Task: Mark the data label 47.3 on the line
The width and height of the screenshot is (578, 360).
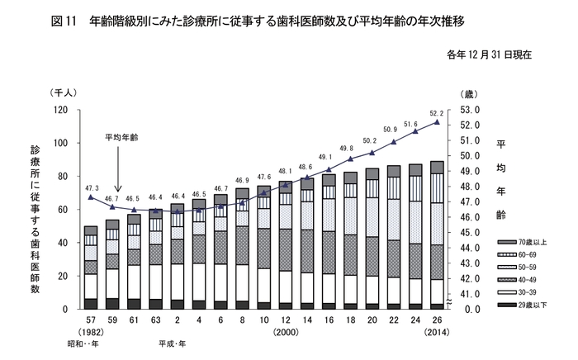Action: coord(90,188)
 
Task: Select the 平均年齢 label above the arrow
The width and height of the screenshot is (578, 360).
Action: coord(121,138)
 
